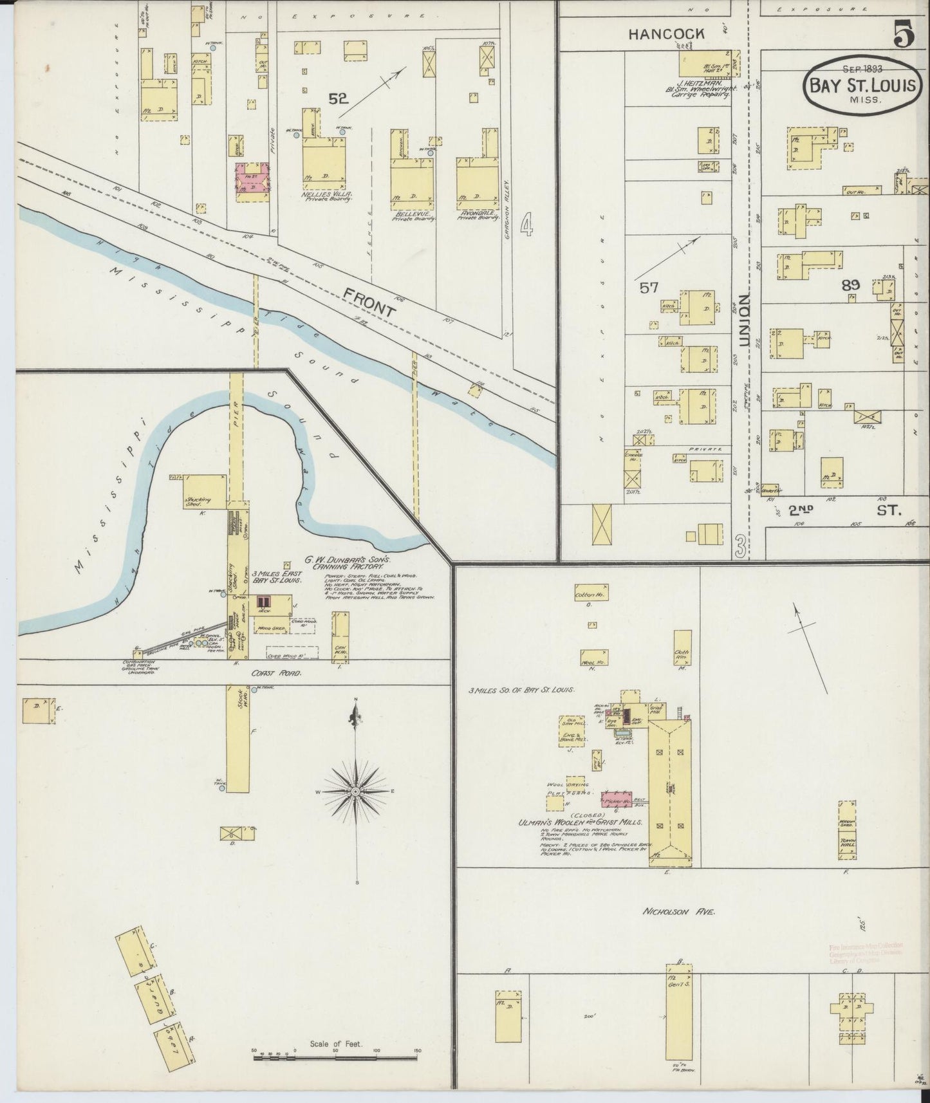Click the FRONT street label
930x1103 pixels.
pyautogui.click(x=369, y=303)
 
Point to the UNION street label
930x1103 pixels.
pyautogui.click(x=745, y=322)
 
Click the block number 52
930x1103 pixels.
pyautogui.click(x=338, y=98)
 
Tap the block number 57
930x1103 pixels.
pyautogui.click(x=649, y=288)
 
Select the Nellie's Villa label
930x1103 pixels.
pyautogui.click(x=326, y=194)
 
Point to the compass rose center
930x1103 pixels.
pyautogui.click(x=355, y=790)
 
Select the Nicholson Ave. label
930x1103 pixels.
pyautogui.click(x=679, y=912)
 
